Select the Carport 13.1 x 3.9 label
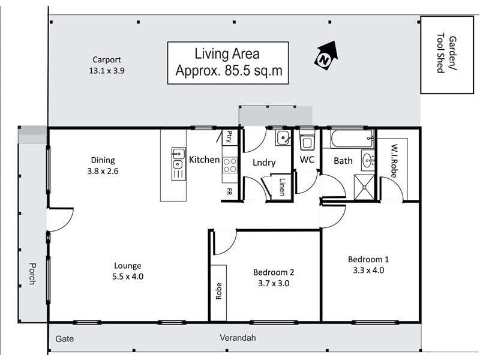[x=106, y=65]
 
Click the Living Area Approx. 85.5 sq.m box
[x=228, y=62]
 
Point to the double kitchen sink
[x=178, y=163]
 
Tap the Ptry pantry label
[x=229, y=137]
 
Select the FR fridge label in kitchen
[x=229, y=192]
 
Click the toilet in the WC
[x=307, y=142]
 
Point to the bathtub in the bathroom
[x=349, y=140]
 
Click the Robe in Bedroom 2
[x=218, y=291]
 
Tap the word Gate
[x=64, y=339]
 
